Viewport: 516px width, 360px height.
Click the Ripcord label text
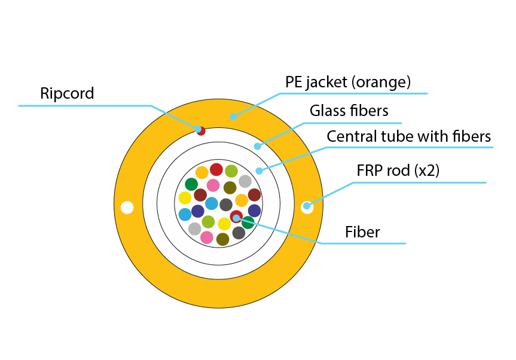pyautogui.click(x=67, y=93)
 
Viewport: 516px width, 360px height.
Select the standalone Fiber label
pyautogui.click(x=363, y=232)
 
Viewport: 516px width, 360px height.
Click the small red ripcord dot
pyautogui.click(x=201, y=130)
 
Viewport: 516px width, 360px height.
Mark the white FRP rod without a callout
pyautogui.click(x=127, y=208)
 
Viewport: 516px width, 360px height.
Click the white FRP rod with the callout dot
pyautogui.click(x=307, y=206)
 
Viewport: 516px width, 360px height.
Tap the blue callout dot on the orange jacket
pyautogui.click(x=234, y=117)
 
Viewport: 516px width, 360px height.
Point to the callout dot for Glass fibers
pyautogui.click(x=258, y=146)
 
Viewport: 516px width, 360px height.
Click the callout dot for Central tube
pyautogui.click(x=259, y=171)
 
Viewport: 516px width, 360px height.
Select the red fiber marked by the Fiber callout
pyautogui.click(x=236, y=216)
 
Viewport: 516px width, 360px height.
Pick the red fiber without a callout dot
pyautogui.click(x=216, y=169)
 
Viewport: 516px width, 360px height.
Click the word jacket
pyautogui.click(x=329, y=82)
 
